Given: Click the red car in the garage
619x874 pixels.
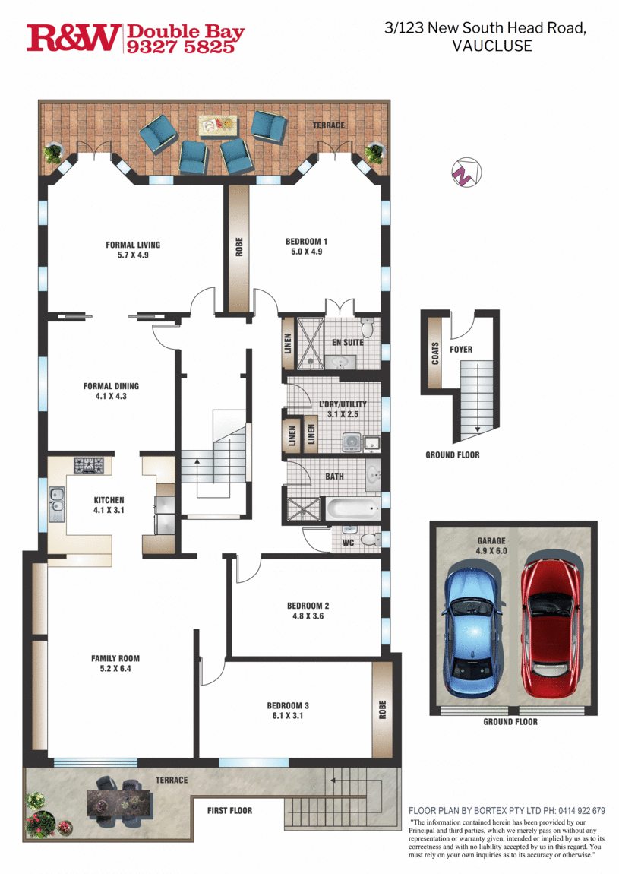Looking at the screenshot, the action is pyautogui.click(x=550, y=624).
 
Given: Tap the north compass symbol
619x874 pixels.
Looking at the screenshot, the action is pyautogui.click(x=466, y=173).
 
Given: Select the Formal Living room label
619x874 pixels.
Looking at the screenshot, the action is pyautogui.click(x=133, y=250).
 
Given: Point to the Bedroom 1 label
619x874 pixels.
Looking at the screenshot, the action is pyautogui.click(x=306, y=246).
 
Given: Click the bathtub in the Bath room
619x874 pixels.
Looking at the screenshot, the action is pyautogui.click(x=352, y=509).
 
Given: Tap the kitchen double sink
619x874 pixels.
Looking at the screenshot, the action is pyautogui.click(x=57, y=504).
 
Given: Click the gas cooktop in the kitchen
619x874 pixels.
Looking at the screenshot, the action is pyautogui.click(x=89, y=465).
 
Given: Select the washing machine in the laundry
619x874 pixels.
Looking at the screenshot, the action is pyautogui.click(x=352, y=442).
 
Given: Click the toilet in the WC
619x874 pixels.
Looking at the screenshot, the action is pyautogui.click(x=370, y=539).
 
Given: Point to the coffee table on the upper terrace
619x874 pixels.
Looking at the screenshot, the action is pyautogui.click(x=218, y=126).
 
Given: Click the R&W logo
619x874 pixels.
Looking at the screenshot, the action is pyautogui.click(x=73, y=38).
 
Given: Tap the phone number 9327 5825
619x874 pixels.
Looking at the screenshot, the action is pyautogui.click(x=181, y=47).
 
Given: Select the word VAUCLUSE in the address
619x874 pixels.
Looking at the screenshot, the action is pyautogui.click(x=492, y=46).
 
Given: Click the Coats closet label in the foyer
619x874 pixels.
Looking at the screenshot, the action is pyautogui.click(x=435, y=353).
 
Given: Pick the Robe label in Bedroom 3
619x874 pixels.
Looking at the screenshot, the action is pyautogui.click(x=382, y=710).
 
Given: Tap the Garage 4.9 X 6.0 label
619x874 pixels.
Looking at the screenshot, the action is pyautogui.click(x=491, y=546).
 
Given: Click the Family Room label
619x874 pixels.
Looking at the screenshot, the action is pyautogui.click(x=115, y=663).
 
